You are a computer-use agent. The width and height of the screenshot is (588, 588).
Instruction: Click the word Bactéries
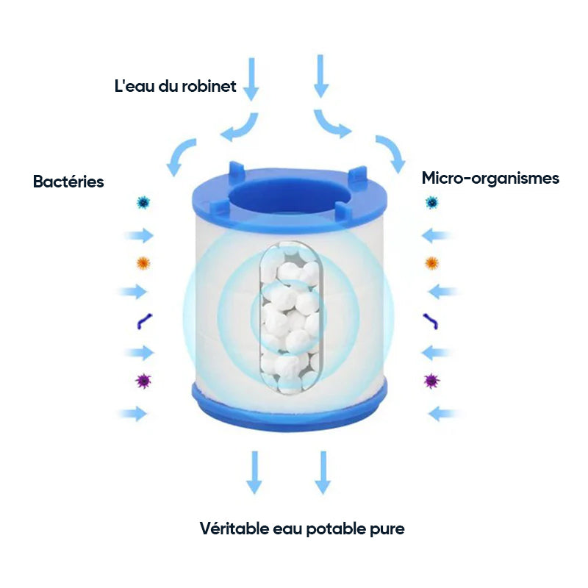(68, 182)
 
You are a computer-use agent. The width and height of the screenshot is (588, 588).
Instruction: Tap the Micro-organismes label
(490, 179)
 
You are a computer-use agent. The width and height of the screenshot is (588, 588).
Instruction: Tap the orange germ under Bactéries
(143, 263)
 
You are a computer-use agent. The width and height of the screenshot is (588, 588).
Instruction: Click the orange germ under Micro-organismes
(431, 263)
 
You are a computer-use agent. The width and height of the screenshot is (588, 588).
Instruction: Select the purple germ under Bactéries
(143, 381)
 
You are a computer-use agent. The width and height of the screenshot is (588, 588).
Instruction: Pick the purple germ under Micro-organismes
(431, 381)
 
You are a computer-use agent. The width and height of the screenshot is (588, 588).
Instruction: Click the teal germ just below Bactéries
(143, 203)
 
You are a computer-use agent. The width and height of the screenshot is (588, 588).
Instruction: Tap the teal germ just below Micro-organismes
(432, 203)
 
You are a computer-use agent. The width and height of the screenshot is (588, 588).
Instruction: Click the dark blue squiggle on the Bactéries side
(143, 322)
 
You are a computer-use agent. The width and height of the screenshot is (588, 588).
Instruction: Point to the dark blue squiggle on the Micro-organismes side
(431, 322)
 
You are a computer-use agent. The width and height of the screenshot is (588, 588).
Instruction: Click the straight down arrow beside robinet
(251, 79)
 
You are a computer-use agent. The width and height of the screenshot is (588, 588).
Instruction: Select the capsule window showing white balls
(290, 318)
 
